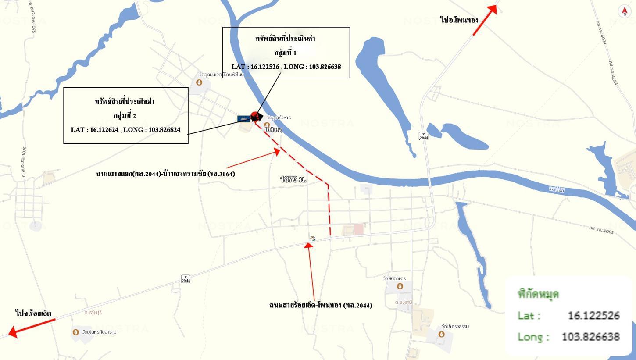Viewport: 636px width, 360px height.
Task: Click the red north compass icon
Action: point(625,11)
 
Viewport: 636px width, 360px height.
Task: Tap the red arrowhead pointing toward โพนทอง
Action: point(493,9)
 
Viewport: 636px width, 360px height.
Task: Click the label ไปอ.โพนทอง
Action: point(459,20)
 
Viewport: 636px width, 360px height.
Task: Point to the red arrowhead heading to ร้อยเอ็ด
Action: point(13,332)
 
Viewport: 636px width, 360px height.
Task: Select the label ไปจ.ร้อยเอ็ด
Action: point(33,313)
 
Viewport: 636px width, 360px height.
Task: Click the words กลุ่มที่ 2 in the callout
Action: point(125,115)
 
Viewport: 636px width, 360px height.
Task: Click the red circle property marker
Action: point(255,116)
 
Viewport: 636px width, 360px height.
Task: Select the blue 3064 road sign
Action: point(244,119)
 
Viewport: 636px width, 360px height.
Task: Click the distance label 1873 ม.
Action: point(293,179)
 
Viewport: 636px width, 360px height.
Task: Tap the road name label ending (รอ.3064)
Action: point(166,174)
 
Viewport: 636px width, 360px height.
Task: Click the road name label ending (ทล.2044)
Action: point(321,305)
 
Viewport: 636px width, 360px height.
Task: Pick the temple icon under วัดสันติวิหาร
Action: point(400,286)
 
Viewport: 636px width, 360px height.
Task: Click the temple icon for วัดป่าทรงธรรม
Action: point(441,334)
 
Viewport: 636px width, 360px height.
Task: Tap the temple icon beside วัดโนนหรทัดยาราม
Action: point(76,332)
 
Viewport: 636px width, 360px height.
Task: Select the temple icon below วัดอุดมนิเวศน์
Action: point(199,82)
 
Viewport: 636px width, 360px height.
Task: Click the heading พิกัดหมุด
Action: point(538,294)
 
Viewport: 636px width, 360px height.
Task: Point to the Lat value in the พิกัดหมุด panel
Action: point(593,315)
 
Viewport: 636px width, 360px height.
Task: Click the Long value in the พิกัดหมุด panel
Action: point(590,337)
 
